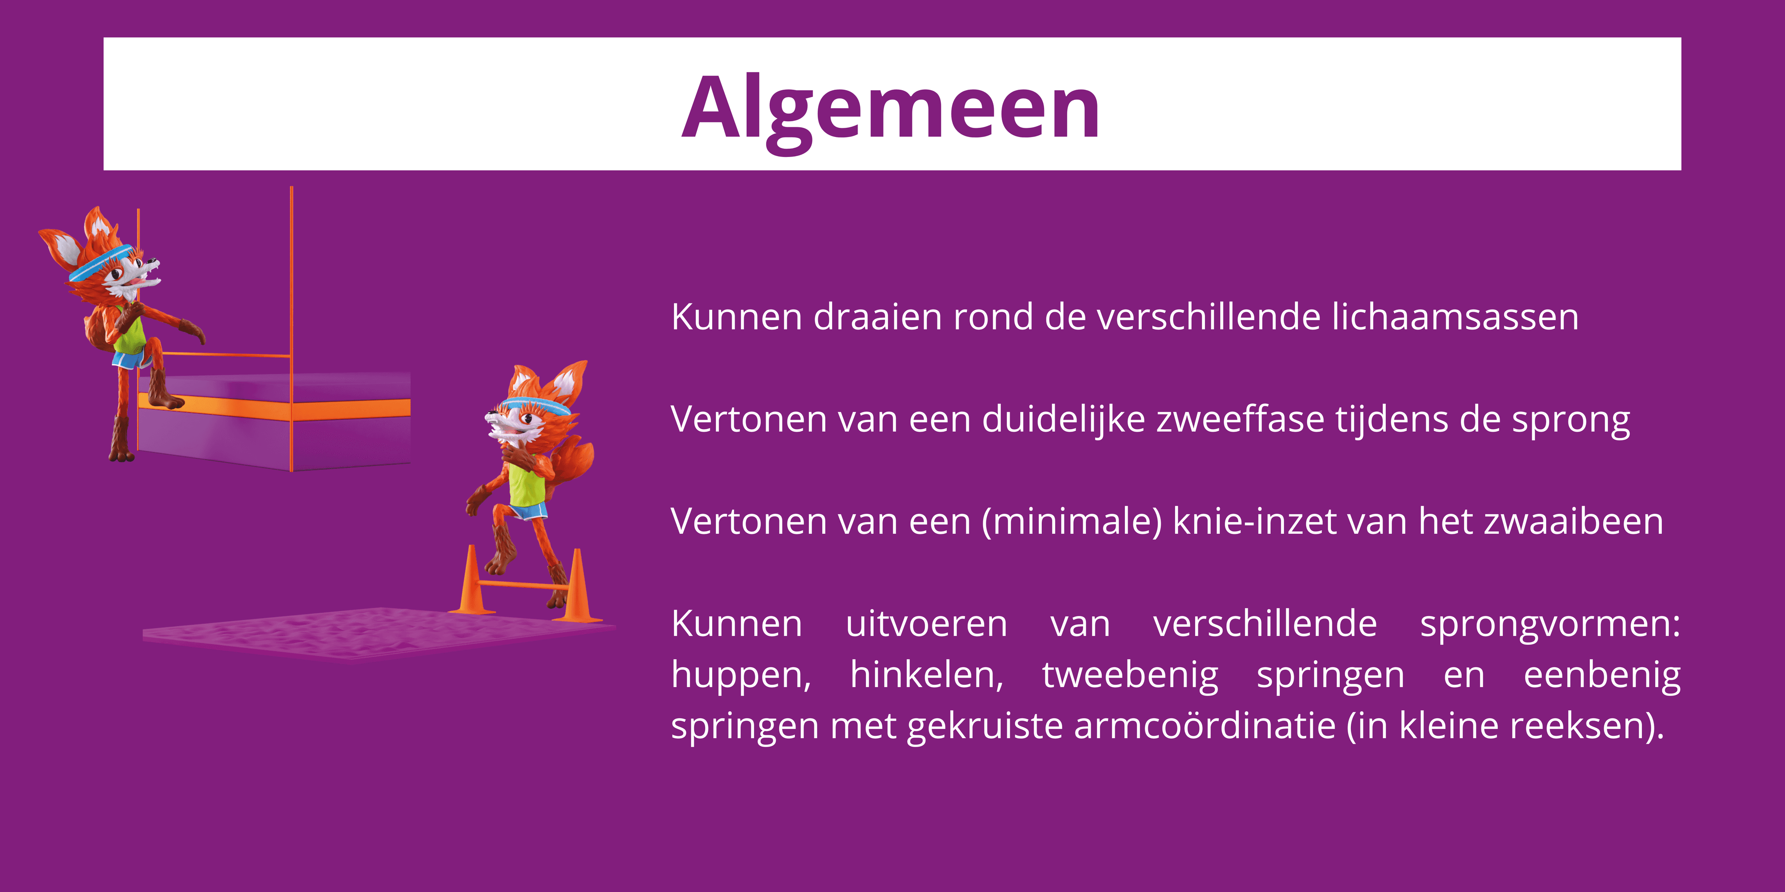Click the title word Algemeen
(891, 107)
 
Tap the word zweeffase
(1240, 420)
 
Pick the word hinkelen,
(926, 675)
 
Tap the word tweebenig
(1130, 675)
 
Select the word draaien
(877, 317)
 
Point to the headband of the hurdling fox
(537, 404)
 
